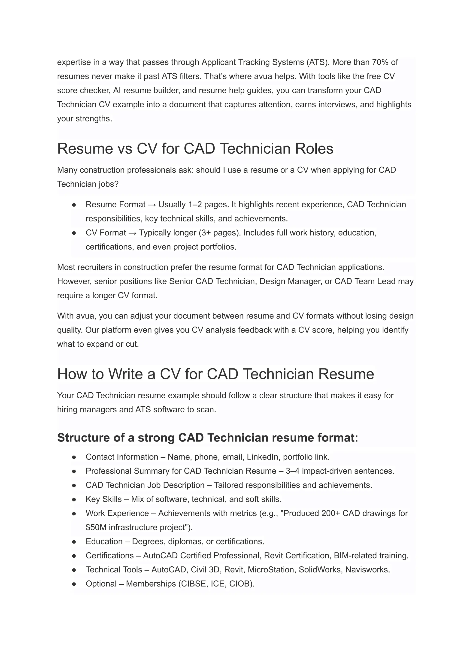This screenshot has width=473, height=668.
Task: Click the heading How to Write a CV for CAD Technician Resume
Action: coord(215,374)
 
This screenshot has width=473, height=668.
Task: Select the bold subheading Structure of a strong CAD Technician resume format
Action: coord(207,438)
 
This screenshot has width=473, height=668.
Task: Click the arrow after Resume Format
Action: coord(152,205)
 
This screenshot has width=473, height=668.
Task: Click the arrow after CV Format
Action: coord(133,233)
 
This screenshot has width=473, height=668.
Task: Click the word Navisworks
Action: coord(367,570)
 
